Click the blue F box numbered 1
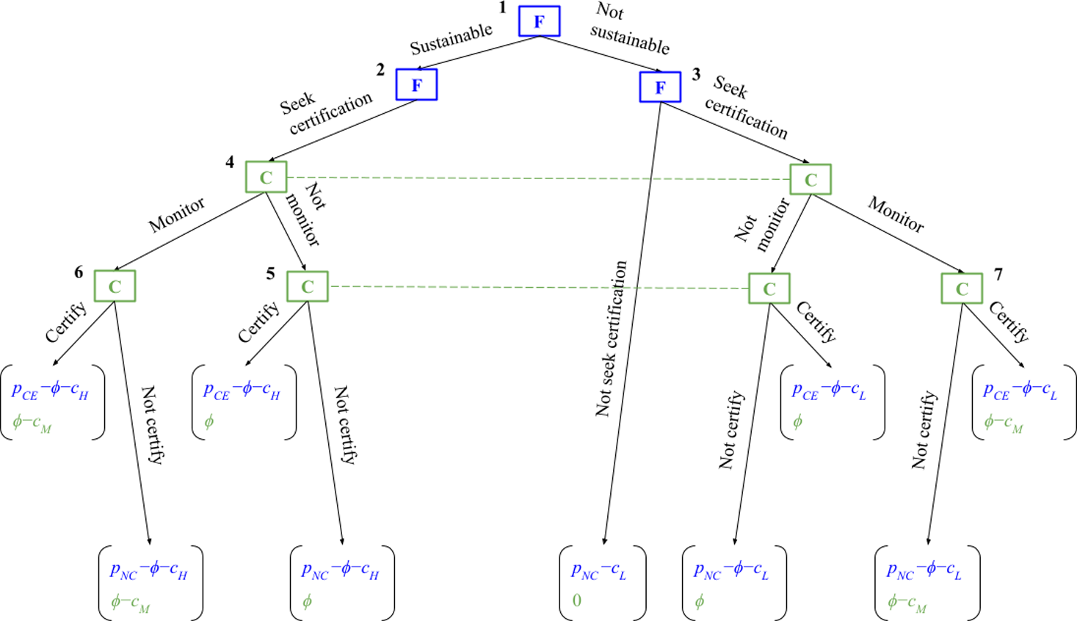pyautogui.click(x=539, y=21)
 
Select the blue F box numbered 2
pyautogui.click(x=416, y=84)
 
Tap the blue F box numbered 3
pyautogui.click(x=660, y=87)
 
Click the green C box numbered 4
pyautogui.click(x=266, y=178)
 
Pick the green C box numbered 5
pyautogui.click(x=307, y=286)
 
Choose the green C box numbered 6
pyautogui.click(x=115, y=286)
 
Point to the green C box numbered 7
pyautogui.click(x=962, y=288)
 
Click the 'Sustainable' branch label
pyautogui.click(x=451, y=39)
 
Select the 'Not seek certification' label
pyautogui.click(x=612, y=338)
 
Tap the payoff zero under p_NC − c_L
pyautogui.click(x=577, y=600)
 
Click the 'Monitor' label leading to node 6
pyautogui.click(x=177, y=215)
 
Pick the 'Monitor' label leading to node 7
pyautogui.click(x=896, y=214)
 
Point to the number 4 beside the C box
pyautogui.click(x=230, y=162)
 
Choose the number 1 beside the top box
pyautogui.click(x=502, y=8)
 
